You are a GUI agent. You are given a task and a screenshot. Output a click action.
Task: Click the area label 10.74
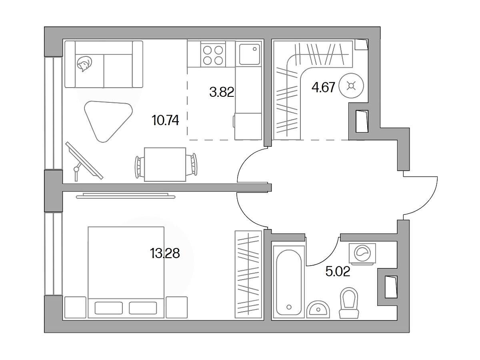165,120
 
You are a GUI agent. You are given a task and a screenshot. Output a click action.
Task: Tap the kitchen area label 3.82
222,92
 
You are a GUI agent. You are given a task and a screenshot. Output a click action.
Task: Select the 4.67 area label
323,88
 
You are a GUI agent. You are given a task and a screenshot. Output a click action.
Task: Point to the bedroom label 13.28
165,253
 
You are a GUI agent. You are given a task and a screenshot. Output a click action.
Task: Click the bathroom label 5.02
338,272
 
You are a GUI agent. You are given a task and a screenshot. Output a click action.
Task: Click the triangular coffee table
108,121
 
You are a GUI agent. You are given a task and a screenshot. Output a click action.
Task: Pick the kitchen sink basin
249,54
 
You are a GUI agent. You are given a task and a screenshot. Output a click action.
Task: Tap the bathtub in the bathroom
289,282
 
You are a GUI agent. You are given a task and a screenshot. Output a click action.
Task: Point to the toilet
349,303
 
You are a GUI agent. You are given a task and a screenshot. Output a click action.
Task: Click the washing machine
362,254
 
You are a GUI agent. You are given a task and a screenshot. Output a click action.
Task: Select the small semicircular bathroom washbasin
318,310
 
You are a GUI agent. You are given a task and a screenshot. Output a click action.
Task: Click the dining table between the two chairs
165,164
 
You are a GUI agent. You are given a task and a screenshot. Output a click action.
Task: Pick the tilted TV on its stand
84,161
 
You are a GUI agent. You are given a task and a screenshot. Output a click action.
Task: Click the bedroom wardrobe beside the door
248,274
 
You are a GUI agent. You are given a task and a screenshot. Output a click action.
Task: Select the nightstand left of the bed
75,307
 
